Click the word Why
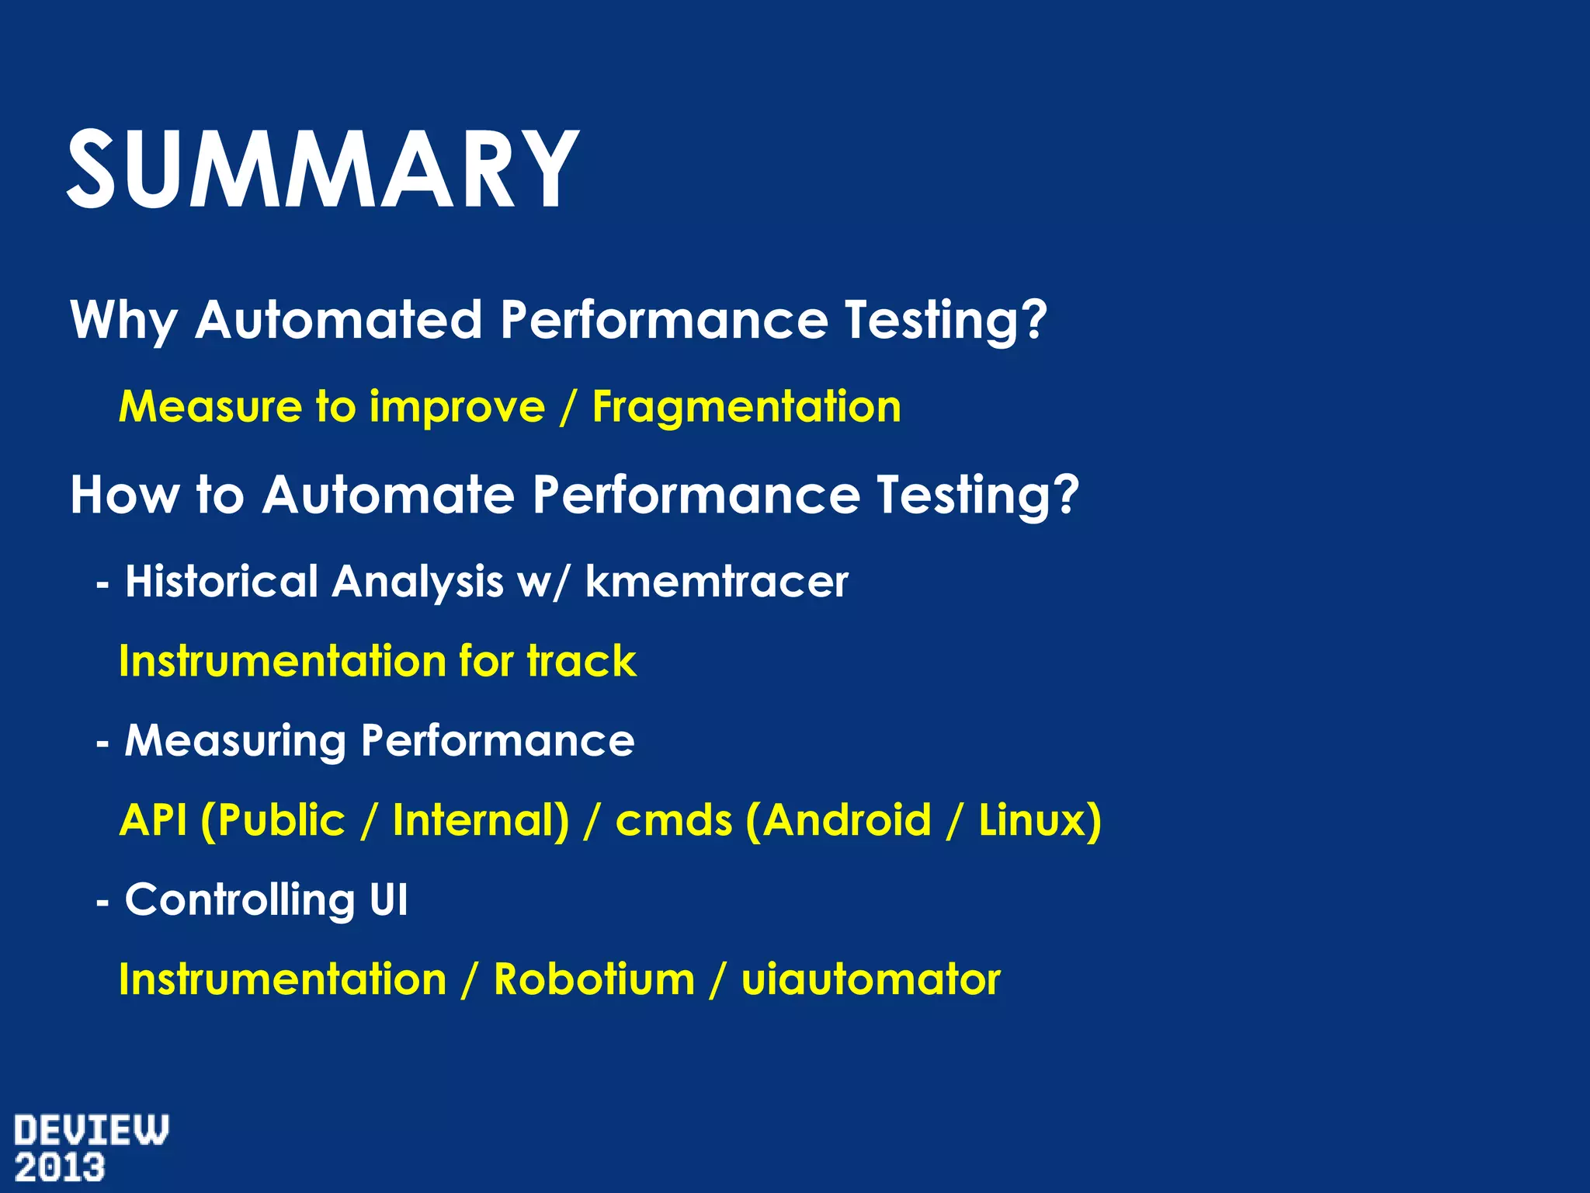123,320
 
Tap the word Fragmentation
746,407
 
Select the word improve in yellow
457,407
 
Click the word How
123,495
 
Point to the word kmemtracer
716,582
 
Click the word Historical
221,582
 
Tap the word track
581,662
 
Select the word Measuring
234,741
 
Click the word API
153,821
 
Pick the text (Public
273,821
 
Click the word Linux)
1040,821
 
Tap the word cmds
673,821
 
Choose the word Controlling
239,901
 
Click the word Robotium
594,980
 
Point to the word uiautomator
870,980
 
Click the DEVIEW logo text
91,1130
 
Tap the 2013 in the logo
60,1168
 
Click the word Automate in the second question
388,495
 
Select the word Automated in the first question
338,320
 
